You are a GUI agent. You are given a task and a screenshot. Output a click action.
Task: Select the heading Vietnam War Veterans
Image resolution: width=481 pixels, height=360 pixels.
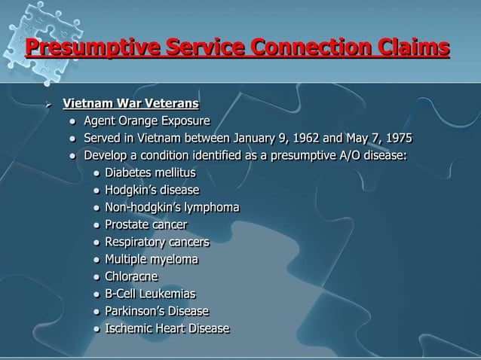click(x=130, y=102)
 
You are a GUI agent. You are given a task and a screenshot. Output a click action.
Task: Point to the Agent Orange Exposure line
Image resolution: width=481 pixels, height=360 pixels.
click(x=146, y=121)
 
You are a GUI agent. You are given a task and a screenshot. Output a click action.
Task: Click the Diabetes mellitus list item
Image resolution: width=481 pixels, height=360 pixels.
click(x=150, y=173)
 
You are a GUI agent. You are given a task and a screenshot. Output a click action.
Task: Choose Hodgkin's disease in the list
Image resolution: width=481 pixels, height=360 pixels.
click(x=152, y=190)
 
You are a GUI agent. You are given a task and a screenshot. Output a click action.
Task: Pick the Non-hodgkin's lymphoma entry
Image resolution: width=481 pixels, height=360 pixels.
click(x=172, y=207)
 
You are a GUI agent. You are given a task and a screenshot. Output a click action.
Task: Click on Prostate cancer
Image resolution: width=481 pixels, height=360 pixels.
click(x=146, y=224)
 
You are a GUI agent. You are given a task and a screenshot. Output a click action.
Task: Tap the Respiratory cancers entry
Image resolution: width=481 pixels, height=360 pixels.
click(x=157, y=242)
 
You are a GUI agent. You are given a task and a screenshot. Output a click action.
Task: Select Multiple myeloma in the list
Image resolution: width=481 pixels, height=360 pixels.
click(x=152, y=259)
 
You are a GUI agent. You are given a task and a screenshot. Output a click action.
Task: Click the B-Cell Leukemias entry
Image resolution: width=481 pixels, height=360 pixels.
click(x=150, y=294)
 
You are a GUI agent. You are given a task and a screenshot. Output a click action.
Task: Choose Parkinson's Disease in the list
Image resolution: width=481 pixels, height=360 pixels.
click(x=157, y=311)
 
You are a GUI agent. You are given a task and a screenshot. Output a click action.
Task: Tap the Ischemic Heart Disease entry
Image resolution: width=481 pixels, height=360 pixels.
click(x=167, y=328)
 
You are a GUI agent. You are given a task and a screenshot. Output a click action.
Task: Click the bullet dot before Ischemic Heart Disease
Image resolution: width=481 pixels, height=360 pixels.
click(x=97, y=329)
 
